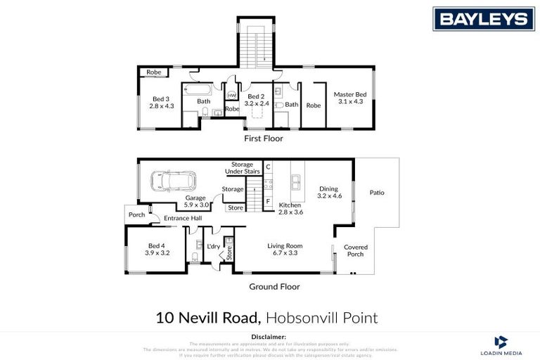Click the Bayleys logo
click(483, 18)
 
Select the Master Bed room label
click(349, 94)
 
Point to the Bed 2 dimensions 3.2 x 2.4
click(254, 103)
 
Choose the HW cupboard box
click(231, 95)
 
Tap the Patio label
click(377, 193)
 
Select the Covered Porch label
click(355, 250)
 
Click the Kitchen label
click(290, 205)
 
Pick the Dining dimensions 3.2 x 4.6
click(329, 196)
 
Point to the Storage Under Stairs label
click(243, 167)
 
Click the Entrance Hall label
click(183, 219)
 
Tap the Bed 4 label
click(157, 245)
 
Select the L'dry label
click(214, 246)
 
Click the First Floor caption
click(263, 139)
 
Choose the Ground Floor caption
click(274, 286)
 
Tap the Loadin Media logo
click(501, 345)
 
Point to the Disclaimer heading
click(269, 337)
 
